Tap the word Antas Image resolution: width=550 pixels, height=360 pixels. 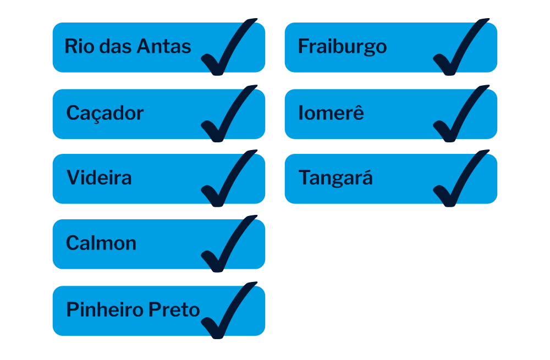tap(164, 46)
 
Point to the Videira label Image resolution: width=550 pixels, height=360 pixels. tap(99, 178)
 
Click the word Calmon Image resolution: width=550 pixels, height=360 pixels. tap(101, 243)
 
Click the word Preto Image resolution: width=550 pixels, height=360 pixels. tap(174, 309)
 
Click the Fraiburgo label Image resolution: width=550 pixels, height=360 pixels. tap(342, 47)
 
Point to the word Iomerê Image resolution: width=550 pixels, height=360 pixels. tap(331, 112)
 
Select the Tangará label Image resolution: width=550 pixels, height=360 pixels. tap(335, 178)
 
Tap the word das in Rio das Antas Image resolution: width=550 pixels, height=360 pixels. tap(115, 46)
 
